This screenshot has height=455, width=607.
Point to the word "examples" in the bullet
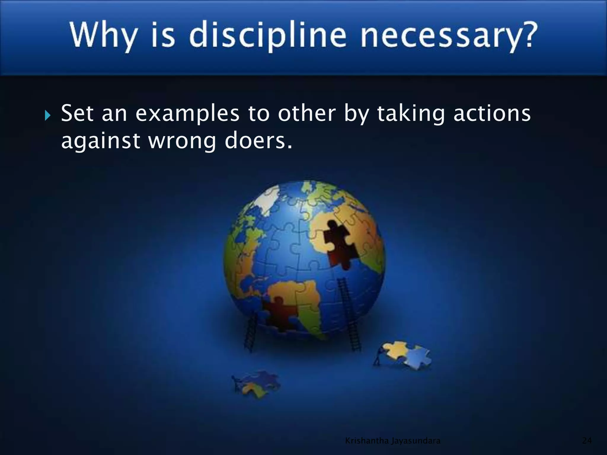pyautogui.click(x=187, y=114)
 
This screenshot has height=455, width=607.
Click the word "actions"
pyautogui.click(x=492, y=113)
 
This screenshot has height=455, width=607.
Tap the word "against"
pyautogui.click(x=100, y=141)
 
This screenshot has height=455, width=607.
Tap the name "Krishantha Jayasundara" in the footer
pyautogui.click(x=393, y=441)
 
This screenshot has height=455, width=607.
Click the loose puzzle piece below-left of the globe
pyautogui.click(x=257, y=384)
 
